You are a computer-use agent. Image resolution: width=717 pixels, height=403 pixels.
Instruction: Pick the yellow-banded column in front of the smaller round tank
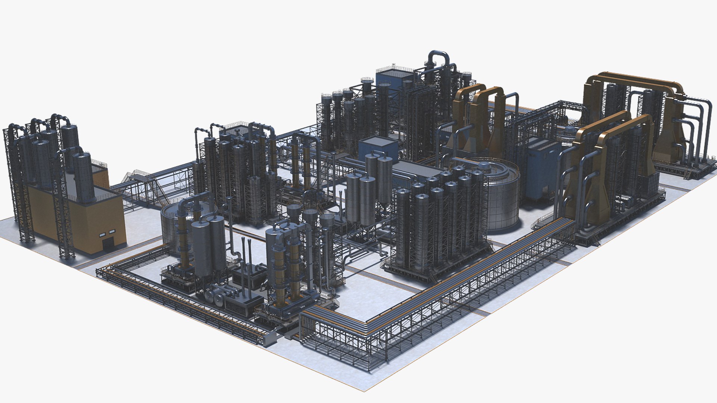click(183, 239)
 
